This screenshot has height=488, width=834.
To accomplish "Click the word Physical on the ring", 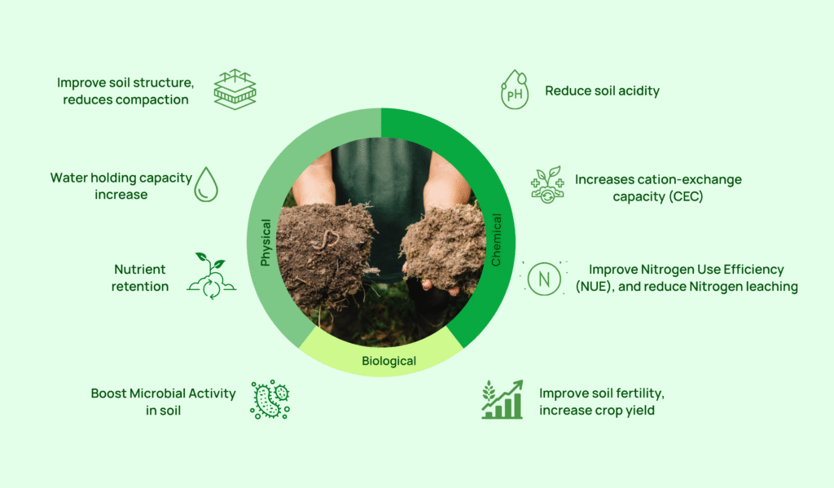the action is click(x=266, y=242).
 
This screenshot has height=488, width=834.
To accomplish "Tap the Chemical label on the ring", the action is click(x=496, y=240).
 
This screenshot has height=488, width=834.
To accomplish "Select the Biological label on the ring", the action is click(x=388, y=361).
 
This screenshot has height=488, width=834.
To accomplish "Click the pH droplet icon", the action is click(x=515, y=90).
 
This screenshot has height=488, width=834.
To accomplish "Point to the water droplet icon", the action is click(x=206, y=184).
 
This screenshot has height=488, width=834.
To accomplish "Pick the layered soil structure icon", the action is click(x=235, y=90).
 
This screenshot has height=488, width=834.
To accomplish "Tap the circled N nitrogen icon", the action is click(x=544, y=279).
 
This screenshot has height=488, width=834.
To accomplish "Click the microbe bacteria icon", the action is click(x=270, y=400).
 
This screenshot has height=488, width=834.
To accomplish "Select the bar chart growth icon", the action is click(x=502, y=400).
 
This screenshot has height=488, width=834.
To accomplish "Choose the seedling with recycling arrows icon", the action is click(x=211, y=275).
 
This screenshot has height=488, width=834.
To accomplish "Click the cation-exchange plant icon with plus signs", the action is click(x=547, y=185).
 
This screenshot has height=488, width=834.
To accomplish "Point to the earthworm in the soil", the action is click(x=326, y=240).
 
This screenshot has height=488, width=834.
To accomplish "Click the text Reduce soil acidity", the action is click(x=602, y=91).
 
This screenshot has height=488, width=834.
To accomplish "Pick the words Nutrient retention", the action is click(x=140, y=278).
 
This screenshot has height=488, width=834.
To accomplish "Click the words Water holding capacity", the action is click(x=121, y=178).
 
